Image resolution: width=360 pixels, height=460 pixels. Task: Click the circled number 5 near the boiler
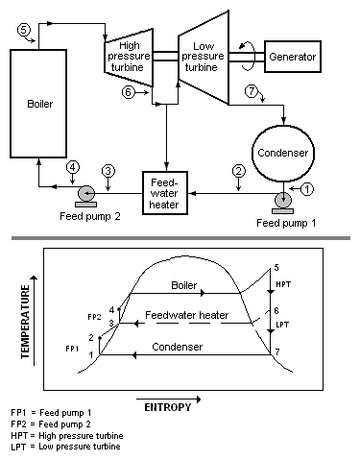coord(24,30)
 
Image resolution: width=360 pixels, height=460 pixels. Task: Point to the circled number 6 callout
coord(129,92)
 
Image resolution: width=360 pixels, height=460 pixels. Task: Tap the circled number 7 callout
coord(252,91)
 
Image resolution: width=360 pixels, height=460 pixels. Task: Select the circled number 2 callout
coord(237,171)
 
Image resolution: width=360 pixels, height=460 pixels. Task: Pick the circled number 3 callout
coord(108,170)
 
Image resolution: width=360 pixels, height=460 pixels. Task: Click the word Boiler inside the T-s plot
coord(183,285)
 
